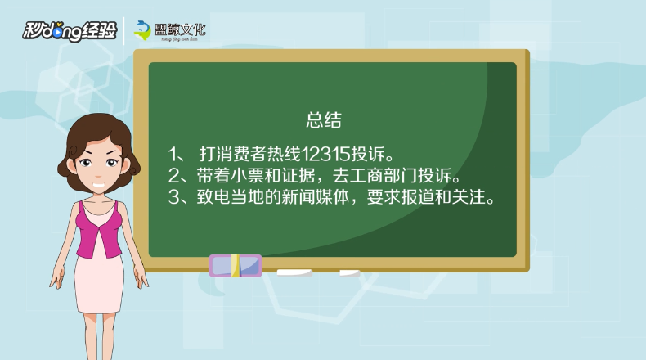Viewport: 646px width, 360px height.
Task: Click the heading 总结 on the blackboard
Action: click(x=324, y=120)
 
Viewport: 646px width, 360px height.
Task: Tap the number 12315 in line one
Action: click(x=325, y=154)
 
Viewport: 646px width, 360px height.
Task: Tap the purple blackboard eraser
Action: click(x=236, y=266)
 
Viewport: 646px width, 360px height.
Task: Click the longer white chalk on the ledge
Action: click(x=294, y=272)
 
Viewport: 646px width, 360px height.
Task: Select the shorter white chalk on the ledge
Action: click(x=349, y=273)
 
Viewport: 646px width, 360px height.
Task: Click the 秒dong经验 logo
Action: click(x=70, y=31)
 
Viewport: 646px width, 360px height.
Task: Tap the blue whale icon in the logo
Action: click(x=142, y=30)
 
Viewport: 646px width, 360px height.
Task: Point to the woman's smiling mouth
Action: click(x=98, y=185)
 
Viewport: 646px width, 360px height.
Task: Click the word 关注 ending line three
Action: click(x=468, y=197)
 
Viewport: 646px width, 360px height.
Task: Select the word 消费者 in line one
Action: click(x=241, y=154)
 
